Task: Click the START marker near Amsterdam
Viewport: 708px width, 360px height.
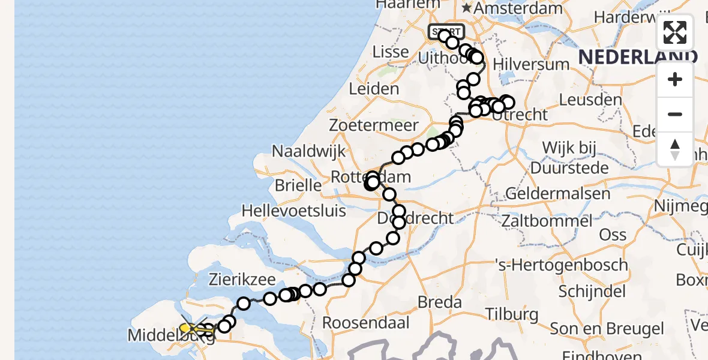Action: coord(446,31)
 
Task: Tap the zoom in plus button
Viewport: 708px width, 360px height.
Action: coord(675,80)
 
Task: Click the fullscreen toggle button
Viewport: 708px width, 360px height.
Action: coord(675,32)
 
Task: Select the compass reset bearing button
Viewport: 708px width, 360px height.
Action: coord(675,149)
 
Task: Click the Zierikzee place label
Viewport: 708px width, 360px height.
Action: coord(242,280)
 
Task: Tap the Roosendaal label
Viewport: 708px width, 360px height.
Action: coord(365,323)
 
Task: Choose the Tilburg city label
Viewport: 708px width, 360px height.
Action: coord(512,314)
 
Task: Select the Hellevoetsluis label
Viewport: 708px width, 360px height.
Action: coord(294,211)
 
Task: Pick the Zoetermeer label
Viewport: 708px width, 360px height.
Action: coord(373,125)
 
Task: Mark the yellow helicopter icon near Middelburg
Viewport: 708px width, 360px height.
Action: coord(192,328)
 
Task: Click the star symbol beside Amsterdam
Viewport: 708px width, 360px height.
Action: coord(467,8)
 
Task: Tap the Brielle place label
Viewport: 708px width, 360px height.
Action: coord(298,185)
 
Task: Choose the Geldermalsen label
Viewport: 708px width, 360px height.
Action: coord(558,193)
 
